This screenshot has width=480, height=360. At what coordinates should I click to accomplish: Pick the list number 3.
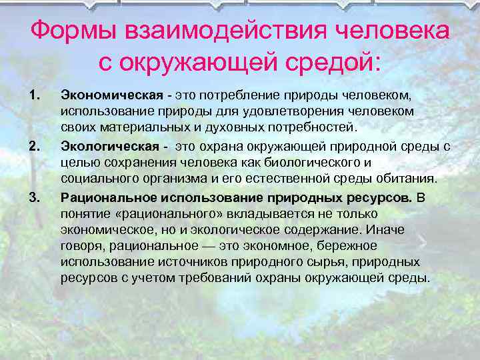click(35, 197)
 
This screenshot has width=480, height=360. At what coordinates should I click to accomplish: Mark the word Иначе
click(389, 230)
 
